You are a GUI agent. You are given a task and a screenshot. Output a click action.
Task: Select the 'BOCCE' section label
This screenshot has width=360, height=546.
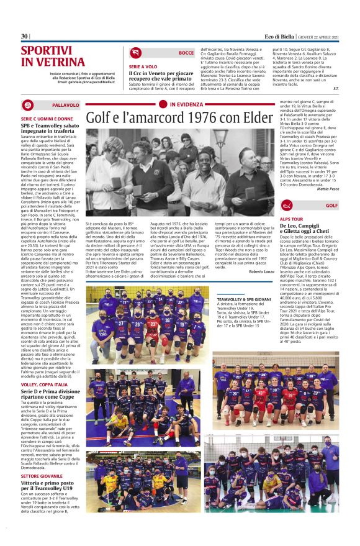[x=186, y=53]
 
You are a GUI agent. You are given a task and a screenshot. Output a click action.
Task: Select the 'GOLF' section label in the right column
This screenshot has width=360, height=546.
[x=331, y=204]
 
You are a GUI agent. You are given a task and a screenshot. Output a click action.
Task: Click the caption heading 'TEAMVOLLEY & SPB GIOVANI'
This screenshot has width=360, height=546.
[x=244, y=299]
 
